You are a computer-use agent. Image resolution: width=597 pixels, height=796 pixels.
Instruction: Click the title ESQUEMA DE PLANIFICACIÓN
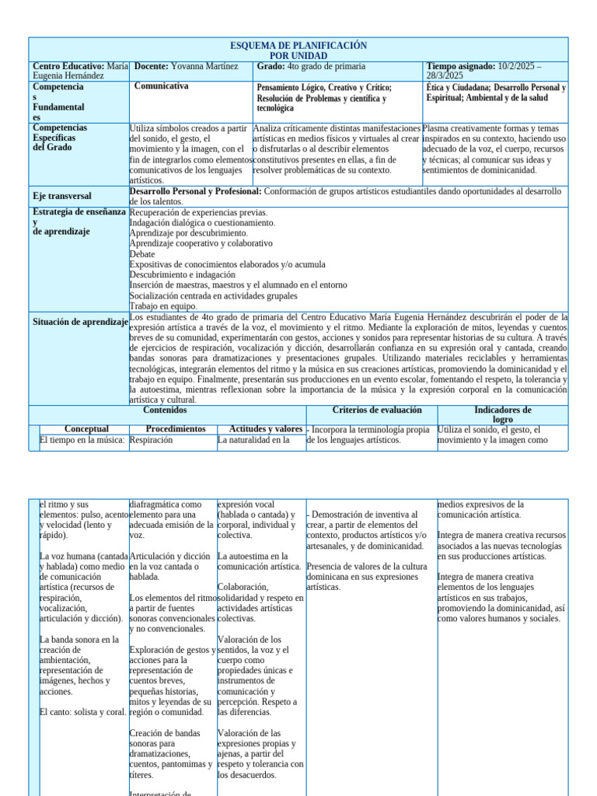pos(299,46)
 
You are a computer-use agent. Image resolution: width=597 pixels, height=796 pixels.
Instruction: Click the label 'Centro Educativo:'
pos(68,67)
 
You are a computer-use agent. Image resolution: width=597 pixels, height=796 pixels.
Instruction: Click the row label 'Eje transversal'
pos(62,196)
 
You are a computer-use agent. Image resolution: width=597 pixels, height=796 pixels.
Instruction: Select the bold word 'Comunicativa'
pos(161,86)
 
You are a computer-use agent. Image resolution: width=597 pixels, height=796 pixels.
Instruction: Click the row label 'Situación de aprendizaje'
pos(80,322)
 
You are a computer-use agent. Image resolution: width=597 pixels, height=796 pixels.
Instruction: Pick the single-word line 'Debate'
pos(142,254)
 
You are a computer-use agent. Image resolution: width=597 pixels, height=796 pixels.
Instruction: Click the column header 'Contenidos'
pos(166,410)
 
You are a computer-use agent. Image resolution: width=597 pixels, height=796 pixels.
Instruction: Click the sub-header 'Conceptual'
pos(86,429)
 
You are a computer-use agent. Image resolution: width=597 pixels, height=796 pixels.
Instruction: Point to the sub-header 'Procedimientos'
pos(176,429)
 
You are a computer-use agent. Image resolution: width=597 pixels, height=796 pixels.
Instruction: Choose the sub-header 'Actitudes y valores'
pos(265,429)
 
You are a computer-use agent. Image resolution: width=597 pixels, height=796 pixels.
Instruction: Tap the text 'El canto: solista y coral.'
pos(82,712)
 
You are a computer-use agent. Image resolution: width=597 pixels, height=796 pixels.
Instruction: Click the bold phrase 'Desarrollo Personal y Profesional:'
pos(196,191)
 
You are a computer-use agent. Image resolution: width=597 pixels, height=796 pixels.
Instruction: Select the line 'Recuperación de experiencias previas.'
pos(198,212)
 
